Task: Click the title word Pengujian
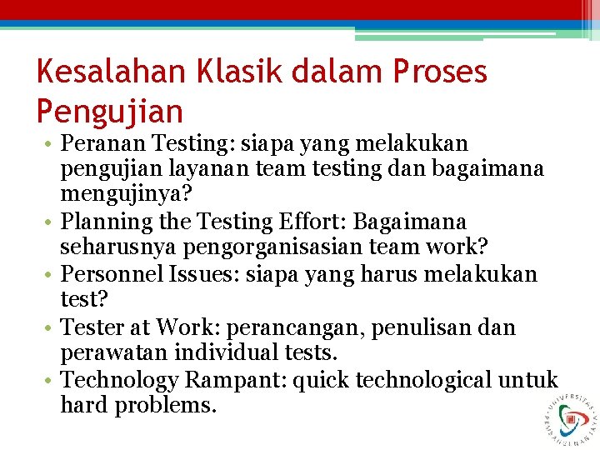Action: point(109,111)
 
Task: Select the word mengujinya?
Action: point(125,196)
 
